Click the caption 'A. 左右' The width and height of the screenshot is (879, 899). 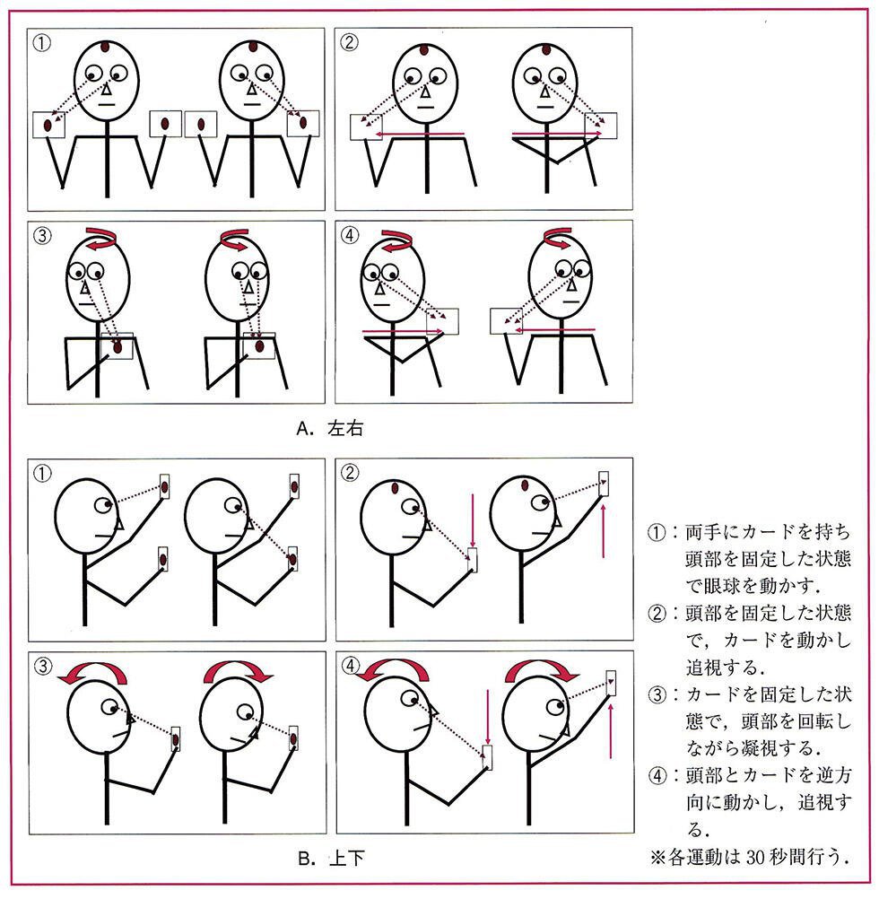[329, 429]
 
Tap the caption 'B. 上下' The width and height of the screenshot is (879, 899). [331, 859]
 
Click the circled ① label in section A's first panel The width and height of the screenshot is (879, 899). [41, 43]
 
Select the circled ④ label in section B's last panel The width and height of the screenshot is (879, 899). [350, 666]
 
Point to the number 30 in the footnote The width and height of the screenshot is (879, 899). [757, 857]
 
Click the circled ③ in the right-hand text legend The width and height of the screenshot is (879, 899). [657, 695]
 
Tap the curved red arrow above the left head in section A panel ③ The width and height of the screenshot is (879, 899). [101, 238]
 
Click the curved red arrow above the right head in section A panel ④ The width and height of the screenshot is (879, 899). [558, 238]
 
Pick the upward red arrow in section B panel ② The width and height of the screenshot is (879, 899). [604, 529]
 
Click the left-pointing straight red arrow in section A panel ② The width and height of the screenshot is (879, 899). [420, 135]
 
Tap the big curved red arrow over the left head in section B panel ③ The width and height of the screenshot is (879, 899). [92, 673]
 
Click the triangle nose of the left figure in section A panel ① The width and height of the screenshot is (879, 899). [107, 90]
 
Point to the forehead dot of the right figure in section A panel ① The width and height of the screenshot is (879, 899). [253, 47]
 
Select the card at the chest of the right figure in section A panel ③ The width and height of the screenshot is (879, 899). [259, 345]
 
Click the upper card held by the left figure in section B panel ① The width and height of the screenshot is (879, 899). [164, 487]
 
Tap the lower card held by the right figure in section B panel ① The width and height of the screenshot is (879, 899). [292, 558]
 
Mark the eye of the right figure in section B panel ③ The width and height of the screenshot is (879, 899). [245, 711]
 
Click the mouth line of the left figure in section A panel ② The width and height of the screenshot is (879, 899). [424, 107]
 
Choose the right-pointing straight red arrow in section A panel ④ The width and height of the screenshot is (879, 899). [403, 331]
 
